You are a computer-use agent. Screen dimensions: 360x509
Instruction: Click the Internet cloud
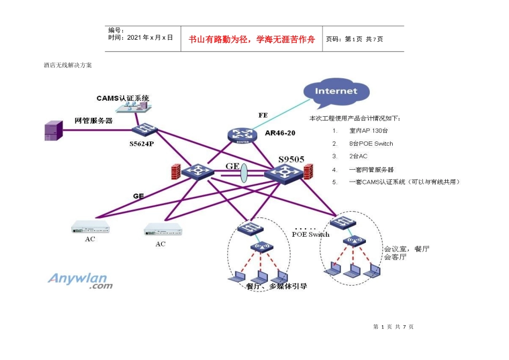[335, 92]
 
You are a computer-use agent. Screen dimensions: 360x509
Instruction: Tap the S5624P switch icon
[145, 130]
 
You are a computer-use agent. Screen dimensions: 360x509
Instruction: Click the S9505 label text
[291, 159]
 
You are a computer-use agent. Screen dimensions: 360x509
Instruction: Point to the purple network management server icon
[51, 131]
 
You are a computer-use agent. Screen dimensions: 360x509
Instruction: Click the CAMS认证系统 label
[123, 98]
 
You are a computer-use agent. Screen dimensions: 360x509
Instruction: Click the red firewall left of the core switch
[175, 171]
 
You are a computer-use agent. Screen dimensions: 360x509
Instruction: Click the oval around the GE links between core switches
[244, 174]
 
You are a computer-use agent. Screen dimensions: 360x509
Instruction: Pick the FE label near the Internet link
[263, 115]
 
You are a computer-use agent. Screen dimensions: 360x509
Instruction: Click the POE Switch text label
[310, 235]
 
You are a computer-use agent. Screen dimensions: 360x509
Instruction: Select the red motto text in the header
[252, 40]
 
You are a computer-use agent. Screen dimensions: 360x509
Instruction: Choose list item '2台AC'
[358, 156]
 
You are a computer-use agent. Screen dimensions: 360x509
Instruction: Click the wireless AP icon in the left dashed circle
[262, 247]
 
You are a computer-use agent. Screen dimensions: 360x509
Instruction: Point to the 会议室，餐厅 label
[407, 249]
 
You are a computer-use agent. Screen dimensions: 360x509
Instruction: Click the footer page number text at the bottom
[393, 327]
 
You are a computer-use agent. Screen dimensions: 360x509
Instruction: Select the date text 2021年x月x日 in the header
[140, 37]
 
